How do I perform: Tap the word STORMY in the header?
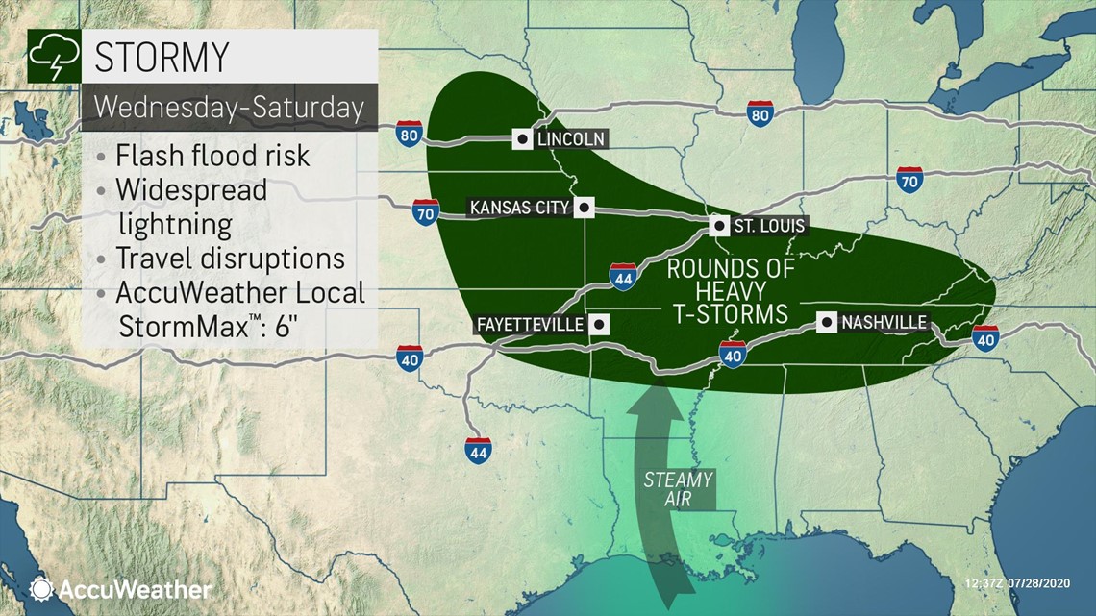pyautogui.click(x=162, y=57)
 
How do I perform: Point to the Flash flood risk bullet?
pyautogui.click(x=212, y=155)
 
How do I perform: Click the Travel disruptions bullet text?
pyautogui.click(x=230, y=259)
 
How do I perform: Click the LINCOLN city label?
pyautogui.click(x=571, y=139)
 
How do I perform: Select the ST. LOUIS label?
pyautogui.click(x=758, y=227)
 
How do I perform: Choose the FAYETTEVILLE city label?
pyautogui.click(x=530, y=324)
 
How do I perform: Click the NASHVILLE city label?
pyautogui.click(x=884, y=323)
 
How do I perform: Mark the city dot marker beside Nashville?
pyautogui.click(x=827, y=322)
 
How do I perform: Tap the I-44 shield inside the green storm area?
pyautogui.click(x=622, y=277)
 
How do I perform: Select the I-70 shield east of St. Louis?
pyautogui.click(x=909, y=180)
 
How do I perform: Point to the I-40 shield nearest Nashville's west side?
pyautogui.click(x=733, y=355)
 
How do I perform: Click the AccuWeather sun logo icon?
pyautogui.click(x=40, y=588)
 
